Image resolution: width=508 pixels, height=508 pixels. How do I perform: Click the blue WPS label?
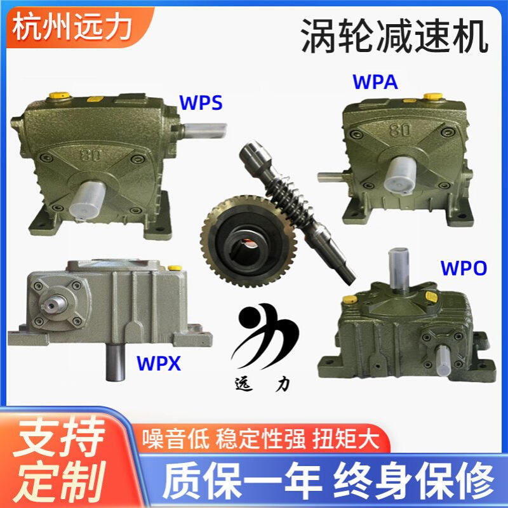coord(201,102)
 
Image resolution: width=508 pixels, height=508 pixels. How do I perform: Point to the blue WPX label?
coord(159,364)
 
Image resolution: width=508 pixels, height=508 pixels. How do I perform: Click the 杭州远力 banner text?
coord(72,27)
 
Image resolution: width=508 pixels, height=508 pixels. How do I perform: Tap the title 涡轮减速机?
coord(394,36)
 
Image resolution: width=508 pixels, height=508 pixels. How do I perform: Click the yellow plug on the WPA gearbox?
coord(432,97)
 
